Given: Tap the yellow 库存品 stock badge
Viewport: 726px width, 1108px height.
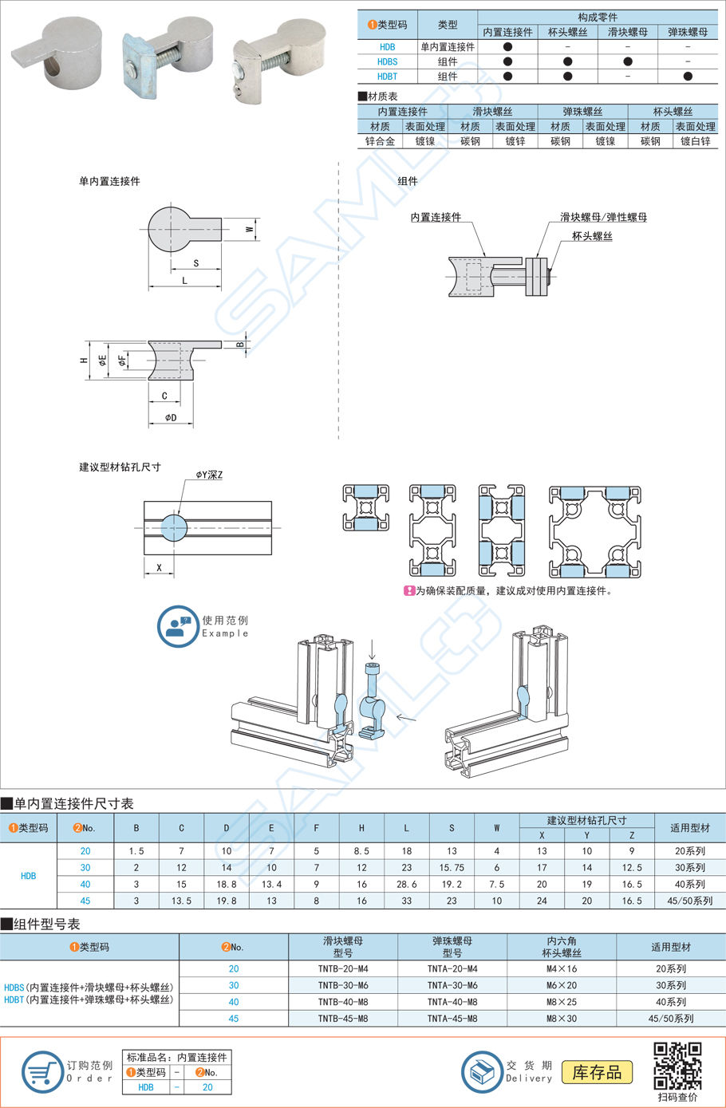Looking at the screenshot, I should click(598, 1072).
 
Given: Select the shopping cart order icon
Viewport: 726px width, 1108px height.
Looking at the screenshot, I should click(41, 1072).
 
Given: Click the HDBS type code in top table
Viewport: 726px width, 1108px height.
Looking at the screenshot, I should click(387, 61).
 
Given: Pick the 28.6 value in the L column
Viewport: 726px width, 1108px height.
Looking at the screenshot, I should click(406, 884).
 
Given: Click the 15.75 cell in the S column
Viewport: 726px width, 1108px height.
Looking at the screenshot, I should click(452, 867).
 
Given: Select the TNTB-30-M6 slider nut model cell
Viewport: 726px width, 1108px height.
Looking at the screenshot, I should click(342, 985).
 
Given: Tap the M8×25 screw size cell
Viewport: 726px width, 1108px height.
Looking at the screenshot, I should click(562, 1002).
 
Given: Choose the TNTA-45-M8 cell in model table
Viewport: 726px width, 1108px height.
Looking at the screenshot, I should click(452, 1019).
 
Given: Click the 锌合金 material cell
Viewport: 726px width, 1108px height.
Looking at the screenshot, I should click(380, 141).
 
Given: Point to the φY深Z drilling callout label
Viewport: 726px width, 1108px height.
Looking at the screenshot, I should click(209, 475).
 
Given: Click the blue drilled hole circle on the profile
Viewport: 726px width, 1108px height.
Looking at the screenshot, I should click(174, 527).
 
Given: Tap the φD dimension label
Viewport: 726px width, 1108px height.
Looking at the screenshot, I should click(171, 417).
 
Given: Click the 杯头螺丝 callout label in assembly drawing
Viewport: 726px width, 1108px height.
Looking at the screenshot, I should click(592, 236).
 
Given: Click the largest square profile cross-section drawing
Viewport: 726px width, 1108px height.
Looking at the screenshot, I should click(594, 531).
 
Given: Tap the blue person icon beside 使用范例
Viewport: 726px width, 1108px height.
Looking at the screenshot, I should click(177, 626).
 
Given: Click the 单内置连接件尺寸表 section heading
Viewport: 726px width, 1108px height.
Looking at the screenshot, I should click(73, 803).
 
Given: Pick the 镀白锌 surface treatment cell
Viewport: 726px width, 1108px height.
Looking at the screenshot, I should click(695, 141).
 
